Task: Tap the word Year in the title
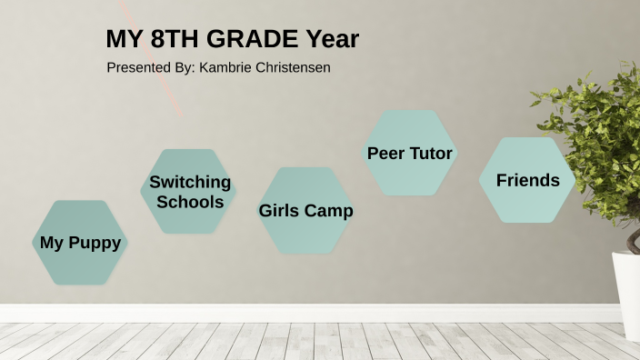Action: pos(333,39)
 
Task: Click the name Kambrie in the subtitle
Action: pos(225,68)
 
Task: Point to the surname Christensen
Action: pos(292,68)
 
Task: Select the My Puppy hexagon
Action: pos(80,243)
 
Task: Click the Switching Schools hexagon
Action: pos(189,192)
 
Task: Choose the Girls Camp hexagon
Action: pos(305,211)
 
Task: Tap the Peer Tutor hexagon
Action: pos(409,154)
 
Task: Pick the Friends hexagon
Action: pos(527,180)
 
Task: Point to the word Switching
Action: pos(190,182)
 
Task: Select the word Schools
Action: pos(190,202)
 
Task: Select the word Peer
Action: pos(385,154)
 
